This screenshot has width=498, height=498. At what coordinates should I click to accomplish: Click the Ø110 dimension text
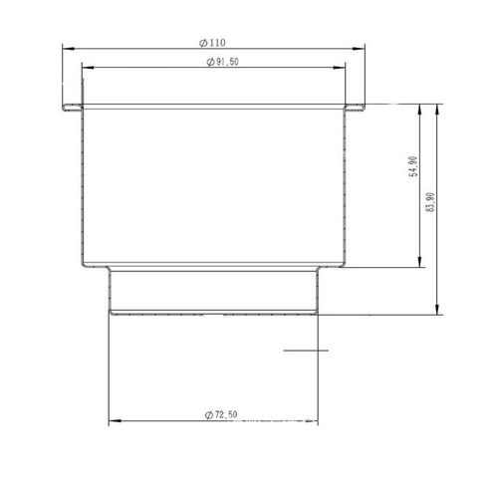click(212, 43)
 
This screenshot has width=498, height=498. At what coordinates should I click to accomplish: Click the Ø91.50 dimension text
click(222, 62)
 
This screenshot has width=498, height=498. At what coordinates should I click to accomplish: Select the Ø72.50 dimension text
click(221, 414)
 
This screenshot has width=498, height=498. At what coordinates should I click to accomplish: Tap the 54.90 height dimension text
click(414, 166)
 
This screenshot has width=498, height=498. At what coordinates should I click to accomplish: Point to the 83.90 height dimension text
click(430, 202)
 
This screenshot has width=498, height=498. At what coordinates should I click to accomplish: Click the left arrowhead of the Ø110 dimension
click(69, 49)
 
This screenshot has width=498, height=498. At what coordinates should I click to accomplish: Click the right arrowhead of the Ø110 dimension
click(359, 49)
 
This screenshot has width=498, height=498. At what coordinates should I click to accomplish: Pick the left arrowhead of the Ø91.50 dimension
click(88, 68)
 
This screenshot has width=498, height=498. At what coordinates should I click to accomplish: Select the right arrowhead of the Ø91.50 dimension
click(339, 68)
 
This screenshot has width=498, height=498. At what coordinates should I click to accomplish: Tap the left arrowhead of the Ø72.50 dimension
click(115, 421)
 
